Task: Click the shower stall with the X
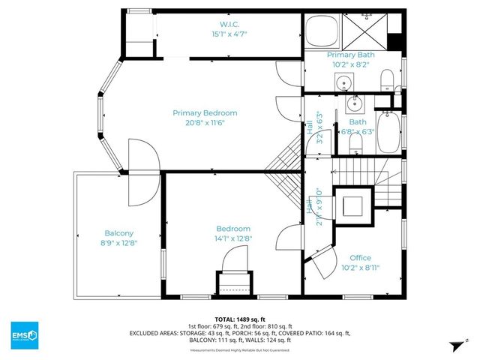(366, 31)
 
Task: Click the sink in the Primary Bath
(345, 82)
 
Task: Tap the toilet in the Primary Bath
(387, 79)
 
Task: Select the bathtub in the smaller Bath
(388, 131)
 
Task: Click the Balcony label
(119, 232)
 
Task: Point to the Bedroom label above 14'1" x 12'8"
(233, 229)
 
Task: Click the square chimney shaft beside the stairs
(352, 204)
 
